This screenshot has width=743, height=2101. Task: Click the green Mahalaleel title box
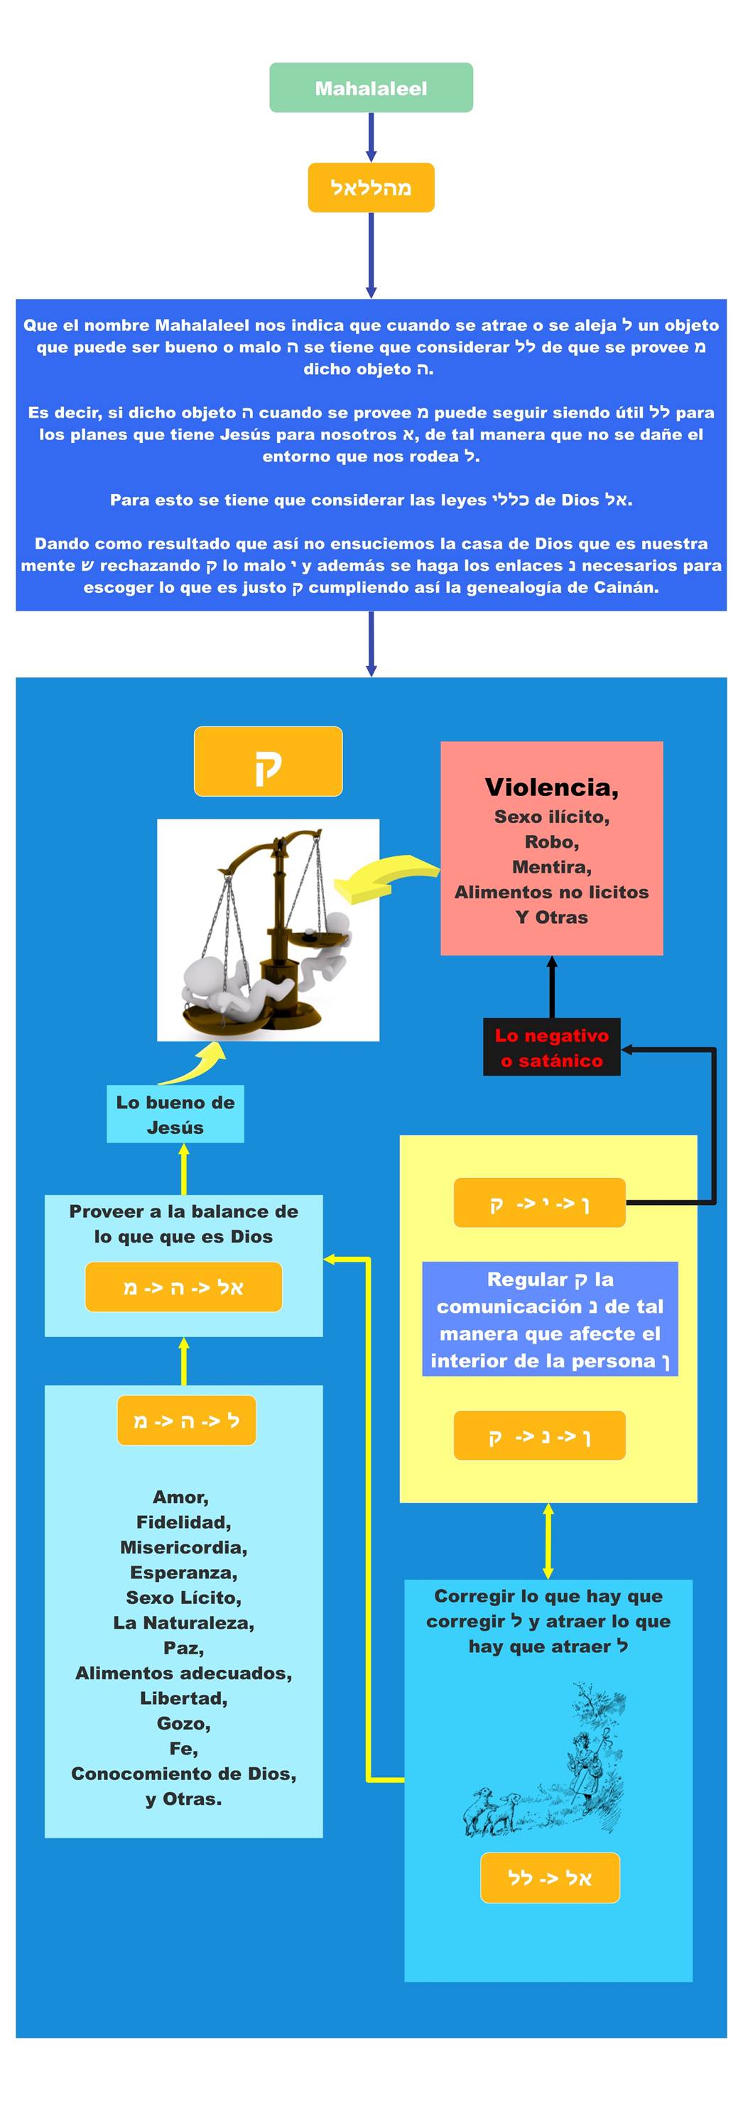[x=371, y=88]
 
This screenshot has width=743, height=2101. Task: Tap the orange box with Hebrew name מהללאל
[x=371, y=187]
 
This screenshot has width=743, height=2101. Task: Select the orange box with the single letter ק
[x=268, y=761]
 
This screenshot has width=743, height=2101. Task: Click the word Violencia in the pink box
[x=551, y=787]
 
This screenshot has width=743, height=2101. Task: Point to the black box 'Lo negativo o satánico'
[x=551, y=1047]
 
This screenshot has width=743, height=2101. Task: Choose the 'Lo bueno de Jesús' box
[x=175, y=1114]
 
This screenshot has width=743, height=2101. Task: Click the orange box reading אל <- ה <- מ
[x=183, y=1287]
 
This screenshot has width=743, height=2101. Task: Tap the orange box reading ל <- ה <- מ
[x=186, y=1420]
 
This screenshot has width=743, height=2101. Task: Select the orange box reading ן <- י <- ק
[x=539, y=1203]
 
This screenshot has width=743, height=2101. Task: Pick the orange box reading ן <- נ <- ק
[x=539, y=1436]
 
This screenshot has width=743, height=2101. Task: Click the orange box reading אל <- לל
[x=550, y=1878]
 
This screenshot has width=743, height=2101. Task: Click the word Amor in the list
[x=181, y=1497]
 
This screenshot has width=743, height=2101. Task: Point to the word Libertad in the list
[x=183, y=1698]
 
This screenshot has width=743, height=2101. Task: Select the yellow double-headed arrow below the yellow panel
[x=548, y=1541]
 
